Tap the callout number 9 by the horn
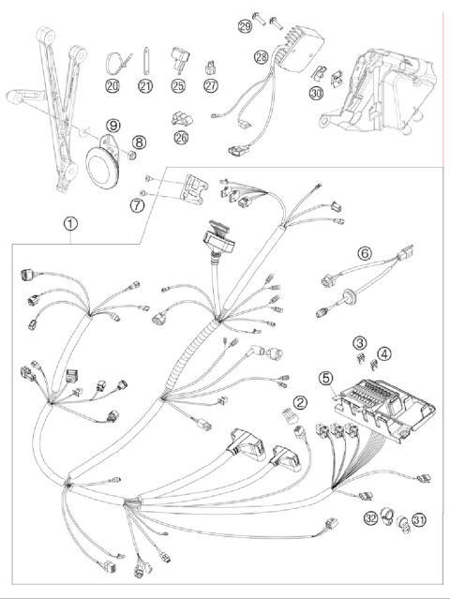pyautogui.click(x=112, y=124)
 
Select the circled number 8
pyautogui.click(x=139, y=142)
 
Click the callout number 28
pyautogui.click(x=261, y=59)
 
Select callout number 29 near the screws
pyautogui.click(x=245, y=25)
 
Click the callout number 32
pyautogui.click(x=370, y=520)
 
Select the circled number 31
pyautogui.click(x=418, y=520)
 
